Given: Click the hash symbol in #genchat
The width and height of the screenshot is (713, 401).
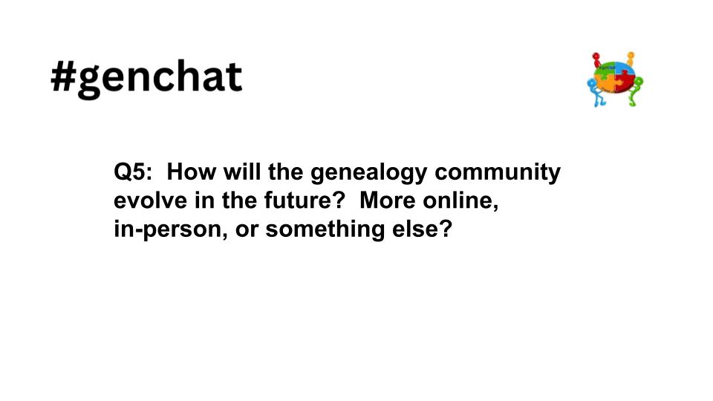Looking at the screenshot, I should pos(64,77).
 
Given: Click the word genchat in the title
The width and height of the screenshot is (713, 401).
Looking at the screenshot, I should pos(160,79).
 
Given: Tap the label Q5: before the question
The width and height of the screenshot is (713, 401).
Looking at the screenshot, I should pos(133,173).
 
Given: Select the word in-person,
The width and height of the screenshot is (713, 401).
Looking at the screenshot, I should pos(170,229).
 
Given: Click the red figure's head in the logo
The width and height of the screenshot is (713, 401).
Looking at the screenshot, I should pos(595,56).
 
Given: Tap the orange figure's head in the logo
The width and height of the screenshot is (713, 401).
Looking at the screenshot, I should pos(631,55).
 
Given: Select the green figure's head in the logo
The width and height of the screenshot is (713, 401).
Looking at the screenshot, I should pos(638,81).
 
